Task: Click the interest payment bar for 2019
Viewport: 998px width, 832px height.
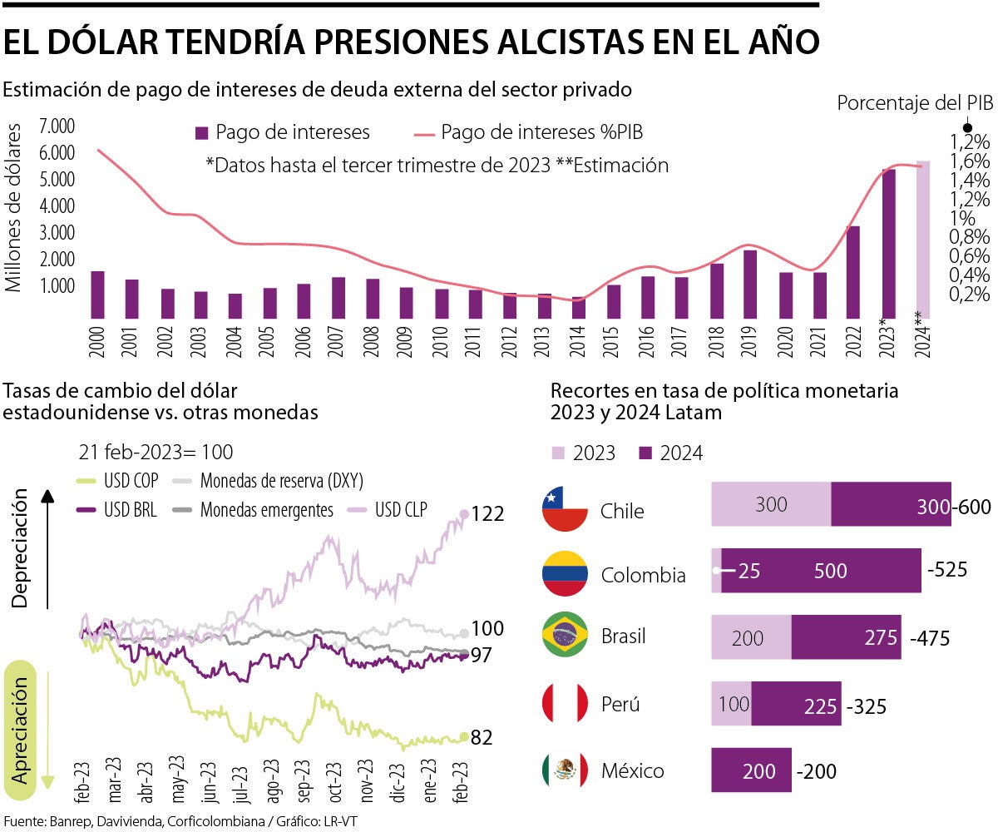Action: click(750, 284)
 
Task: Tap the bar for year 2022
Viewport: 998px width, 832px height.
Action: click(853, 272)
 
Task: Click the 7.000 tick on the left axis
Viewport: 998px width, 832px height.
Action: click(57, 126)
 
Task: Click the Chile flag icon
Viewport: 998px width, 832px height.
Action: click(565, 510)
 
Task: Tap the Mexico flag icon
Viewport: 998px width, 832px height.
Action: click(565, 770)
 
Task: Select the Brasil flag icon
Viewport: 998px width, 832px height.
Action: click(565, 636)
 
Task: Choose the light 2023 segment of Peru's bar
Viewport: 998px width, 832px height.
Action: click(732, 704)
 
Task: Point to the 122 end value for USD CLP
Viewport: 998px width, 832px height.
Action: click(487, 514)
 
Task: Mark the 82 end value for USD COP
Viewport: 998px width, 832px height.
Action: click(482, 738)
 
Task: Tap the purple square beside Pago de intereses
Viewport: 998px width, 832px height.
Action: click(201, 133)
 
